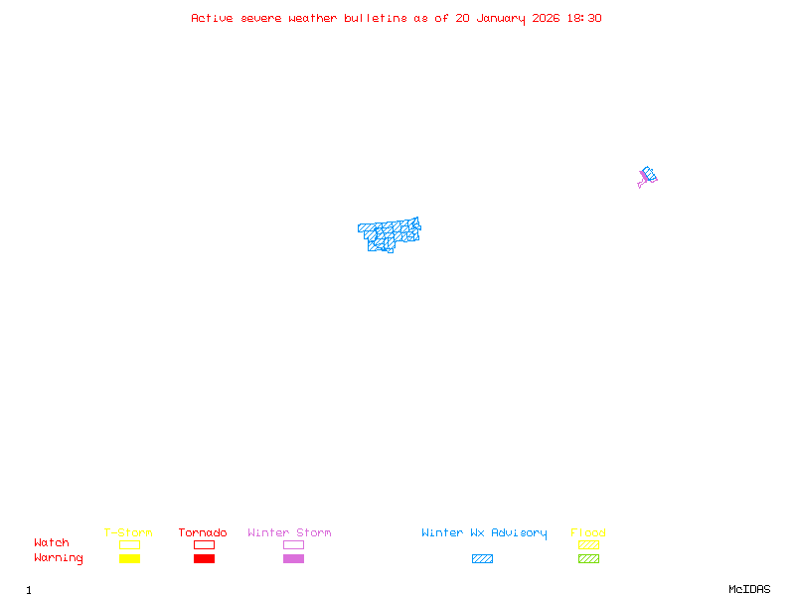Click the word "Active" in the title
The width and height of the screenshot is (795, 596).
click(x=212, y=18)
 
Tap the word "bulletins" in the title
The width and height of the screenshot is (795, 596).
click(x=376, y=18)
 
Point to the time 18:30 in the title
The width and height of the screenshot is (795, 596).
click(x=585, y=18)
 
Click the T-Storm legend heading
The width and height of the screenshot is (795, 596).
click(x=128, y=532)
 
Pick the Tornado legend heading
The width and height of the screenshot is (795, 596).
click(x=203, y=532)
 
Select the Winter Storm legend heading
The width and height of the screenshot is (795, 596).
click(x=289, y=532)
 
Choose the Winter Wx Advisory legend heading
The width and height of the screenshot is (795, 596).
click(x=484, y=532)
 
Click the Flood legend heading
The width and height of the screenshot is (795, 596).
click(x=588, y=532)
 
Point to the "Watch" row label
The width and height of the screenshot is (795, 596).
click(x=52, y=543)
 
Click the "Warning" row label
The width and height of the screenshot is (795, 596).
click(x=59, y=558)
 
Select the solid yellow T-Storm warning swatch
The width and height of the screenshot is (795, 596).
click(x=129, y=558)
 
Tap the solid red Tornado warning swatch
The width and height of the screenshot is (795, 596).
click(x=204, y=558)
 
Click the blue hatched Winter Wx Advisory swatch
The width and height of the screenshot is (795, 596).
click(x=482, y=558)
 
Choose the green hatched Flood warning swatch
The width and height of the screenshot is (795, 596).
click(x=588, y=558)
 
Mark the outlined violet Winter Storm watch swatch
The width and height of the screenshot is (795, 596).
click(x=293, y=544)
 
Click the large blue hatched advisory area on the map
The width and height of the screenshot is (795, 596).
click(x=389, y=233)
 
